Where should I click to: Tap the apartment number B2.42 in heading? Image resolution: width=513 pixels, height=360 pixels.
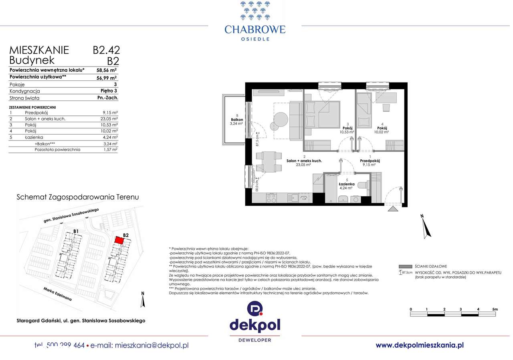pos(106,50)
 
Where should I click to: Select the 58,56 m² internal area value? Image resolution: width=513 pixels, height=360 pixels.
pos(106,69)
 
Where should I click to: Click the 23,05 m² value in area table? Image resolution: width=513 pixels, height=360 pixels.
pos(109,119)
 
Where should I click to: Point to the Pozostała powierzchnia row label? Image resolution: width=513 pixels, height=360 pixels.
pos(57,149)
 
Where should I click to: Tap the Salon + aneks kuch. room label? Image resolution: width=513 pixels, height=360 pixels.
pos(304,161)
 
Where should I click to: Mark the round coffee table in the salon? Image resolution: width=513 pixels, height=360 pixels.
pos(281,119)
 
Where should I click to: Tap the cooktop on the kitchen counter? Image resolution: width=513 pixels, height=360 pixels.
pos(272,197)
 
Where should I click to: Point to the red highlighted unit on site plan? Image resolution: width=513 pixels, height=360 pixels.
pos(119,240)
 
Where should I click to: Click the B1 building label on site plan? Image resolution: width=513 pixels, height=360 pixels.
pos(76,231)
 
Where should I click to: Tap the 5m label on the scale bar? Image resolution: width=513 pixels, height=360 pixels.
pos(495,309)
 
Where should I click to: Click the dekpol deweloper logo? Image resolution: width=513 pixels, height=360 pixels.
pos(255,322)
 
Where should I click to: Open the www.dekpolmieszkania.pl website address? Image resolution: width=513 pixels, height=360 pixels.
pos(419,345)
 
